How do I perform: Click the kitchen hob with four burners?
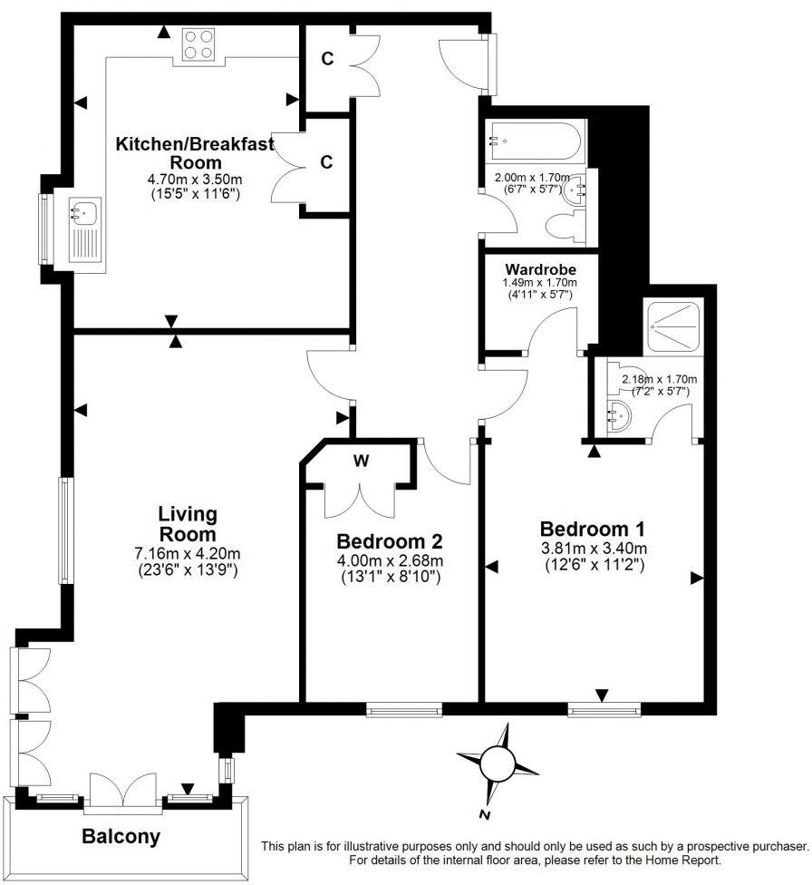[199, 45]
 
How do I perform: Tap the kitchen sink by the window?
[85, 215]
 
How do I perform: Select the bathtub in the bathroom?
[535, 141]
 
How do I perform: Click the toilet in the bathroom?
[570, 227]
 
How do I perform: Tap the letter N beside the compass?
[487, 815]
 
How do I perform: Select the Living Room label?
[188, 523]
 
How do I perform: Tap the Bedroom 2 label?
[389, 541]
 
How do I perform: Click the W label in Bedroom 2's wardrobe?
[361, 460]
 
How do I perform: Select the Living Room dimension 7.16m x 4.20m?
[188, 554]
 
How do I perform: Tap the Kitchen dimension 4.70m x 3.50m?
[194, 180]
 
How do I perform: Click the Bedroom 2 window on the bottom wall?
[404, 709]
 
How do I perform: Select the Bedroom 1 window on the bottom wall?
[603, 709]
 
